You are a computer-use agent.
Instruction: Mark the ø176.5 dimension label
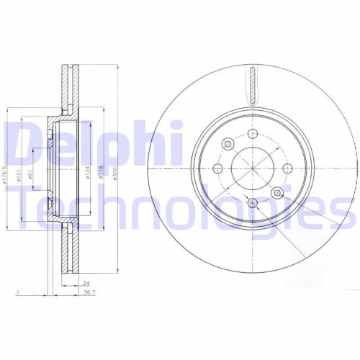[x=6, y=173]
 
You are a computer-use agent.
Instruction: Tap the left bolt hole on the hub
[x=218, y=168]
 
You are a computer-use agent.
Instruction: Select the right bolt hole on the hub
[x=287, y=168]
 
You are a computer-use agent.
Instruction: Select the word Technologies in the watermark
[x=180, y=207]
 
